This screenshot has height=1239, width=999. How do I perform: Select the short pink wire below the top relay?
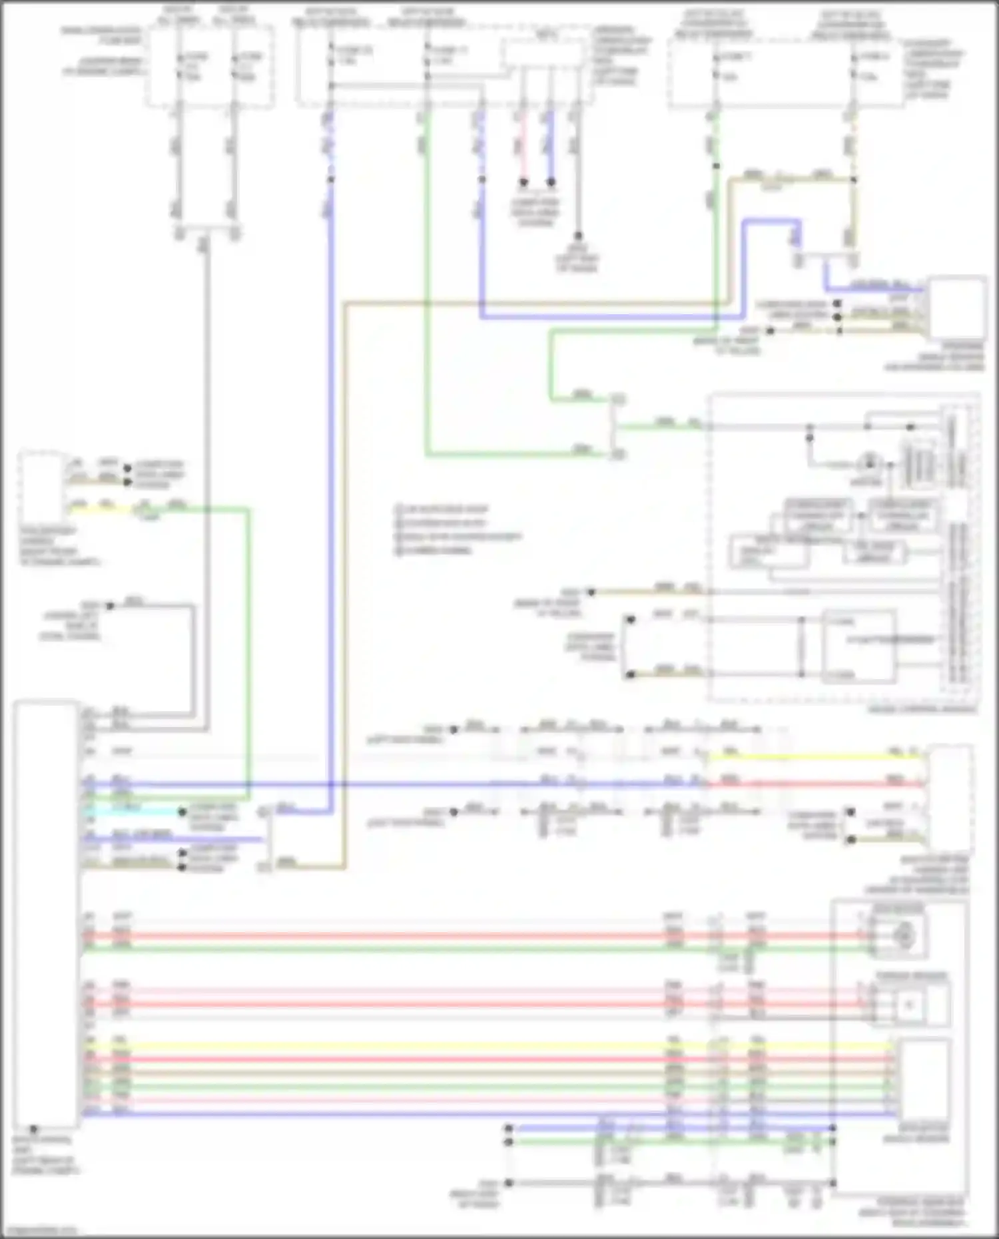[523, 150]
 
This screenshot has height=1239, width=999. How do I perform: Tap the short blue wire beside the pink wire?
[550, 150]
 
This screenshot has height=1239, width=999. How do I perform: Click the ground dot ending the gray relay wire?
[577, 236]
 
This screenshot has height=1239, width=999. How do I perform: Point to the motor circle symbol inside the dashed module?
[869, 462]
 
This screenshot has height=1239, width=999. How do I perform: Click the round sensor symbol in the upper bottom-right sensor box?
[903, 935]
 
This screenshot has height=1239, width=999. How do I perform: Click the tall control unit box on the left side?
[45, 912]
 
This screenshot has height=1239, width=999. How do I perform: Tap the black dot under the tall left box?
[33, 1130]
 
